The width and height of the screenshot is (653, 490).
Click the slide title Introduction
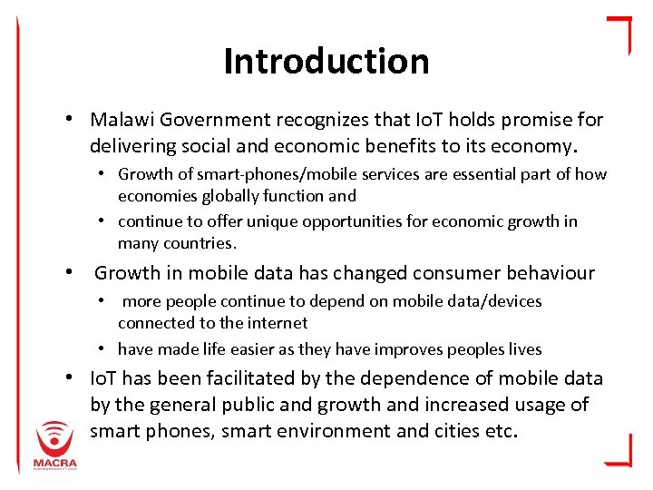[326, 62]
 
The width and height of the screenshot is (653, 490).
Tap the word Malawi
[122, 120]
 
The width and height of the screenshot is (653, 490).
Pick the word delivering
[132, 145]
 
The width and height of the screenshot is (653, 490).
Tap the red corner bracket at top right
[619, 33]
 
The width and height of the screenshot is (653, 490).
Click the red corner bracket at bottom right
[619, 450]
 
